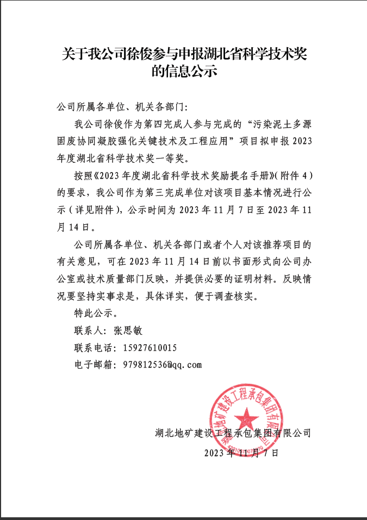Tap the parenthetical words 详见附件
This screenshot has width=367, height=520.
[102, 211]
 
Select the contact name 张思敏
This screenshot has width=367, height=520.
[128, 331]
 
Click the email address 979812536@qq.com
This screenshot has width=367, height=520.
[163, 365]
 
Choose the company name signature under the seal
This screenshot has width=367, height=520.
[232, 433]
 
